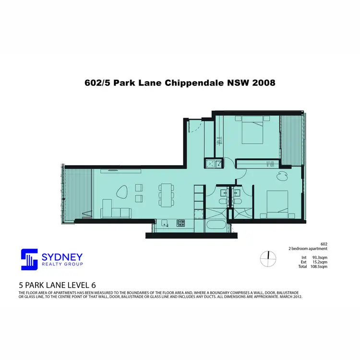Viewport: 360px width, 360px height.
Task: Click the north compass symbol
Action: (268, 259)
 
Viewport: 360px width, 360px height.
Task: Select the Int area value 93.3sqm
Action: (319, 257)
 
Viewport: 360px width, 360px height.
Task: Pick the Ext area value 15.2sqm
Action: (319, 262)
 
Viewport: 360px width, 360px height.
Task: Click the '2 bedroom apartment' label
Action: (308, 249)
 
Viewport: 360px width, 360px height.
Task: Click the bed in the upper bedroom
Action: (253, 132)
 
